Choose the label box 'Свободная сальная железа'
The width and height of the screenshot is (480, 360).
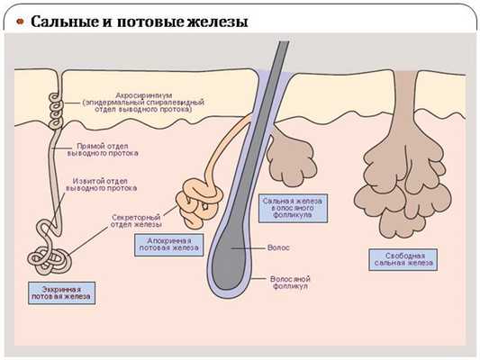(404, 259)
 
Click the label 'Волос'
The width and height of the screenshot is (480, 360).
(280, 244)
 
